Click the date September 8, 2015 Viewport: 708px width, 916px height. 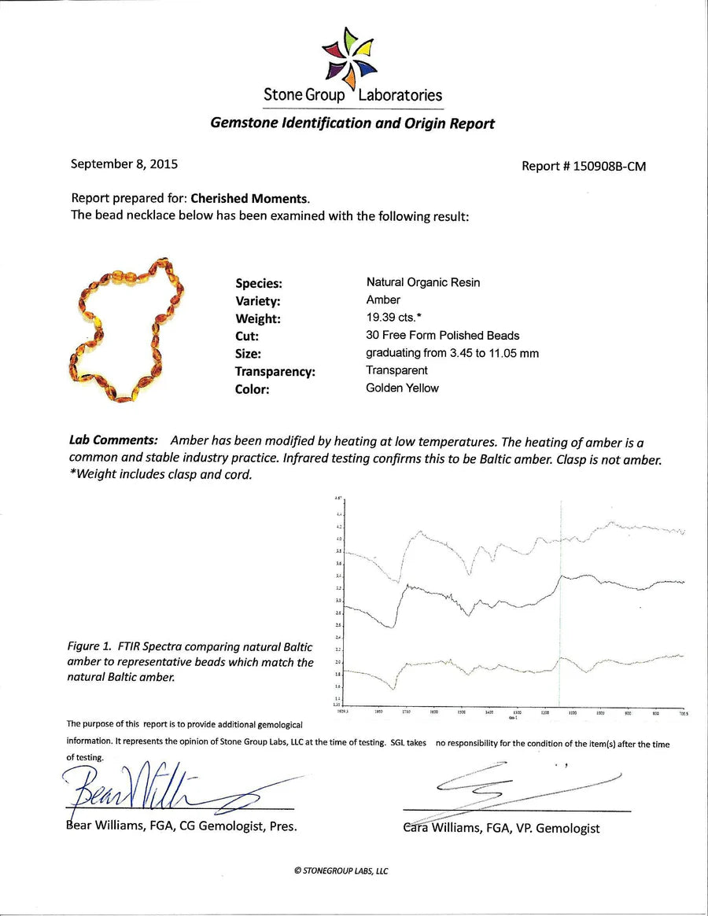click(x=124, y=164)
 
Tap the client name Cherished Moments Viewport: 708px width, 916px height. click(x=249, y=198)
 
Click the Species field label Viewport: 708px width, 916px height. click(x=258, y=284)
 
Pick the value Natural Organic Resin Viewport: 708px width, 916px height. click(x=422, y=282)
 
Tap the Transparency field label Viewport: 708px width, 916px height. click(x=275, y=372)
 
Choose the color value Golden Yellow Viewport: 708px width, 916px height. click(x=402, y=388)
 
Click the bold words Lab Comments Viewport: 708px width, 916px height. click(x=113, y=441)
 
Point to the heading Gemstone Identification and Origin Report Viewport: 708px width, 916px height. click(x=352, y=123)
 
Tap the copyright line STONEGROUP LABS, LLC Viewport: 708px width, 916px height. click(x=341, y=870)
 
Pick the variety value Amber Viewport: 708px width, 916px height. click(x=383, y=300)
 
